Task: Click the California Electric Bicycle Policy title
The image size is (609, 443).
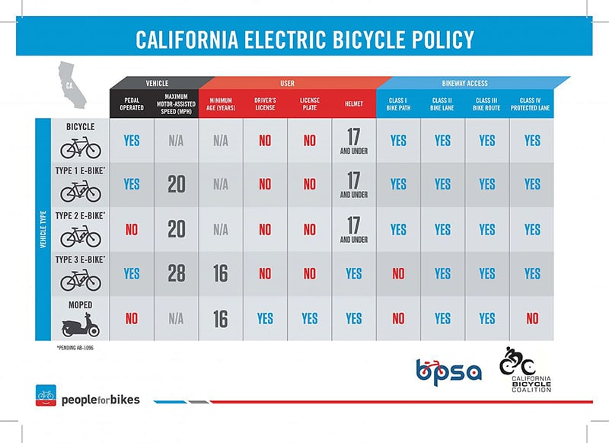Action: [304, 39]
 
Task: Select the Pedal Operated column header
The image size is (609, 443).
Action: [131, 103]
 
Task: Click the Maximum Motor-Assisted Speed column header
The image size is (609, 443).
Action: [176, 103]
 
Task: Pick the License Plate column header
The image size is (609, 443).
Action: [309, 103]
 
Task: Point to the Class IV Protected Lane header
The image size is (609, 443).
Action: [531, 103]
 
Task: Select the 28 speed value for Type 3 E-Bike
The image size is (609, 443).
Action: [176, 274]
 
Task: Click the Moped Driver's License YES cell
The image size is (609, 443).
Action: [265, 319]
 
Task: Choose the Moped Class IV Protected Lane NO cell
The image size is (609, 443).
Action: [531, 319]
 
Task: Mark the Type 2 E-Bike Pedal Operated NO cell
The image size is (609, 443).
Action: [131, 229]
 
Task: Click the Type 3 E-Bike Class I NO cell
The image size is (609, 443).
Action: [398, 274]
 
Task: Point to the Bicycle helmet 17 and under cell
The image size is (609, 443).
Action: [353, 140]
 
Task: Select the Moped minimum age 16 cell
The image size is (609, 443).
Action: [220, 319]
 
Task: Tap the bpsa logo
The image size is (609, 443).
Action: [448, 371]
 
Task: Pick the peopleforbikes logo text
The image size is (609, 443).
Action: [100, 398]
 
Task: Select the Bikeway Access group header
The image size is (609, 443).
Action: [464, 81]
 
